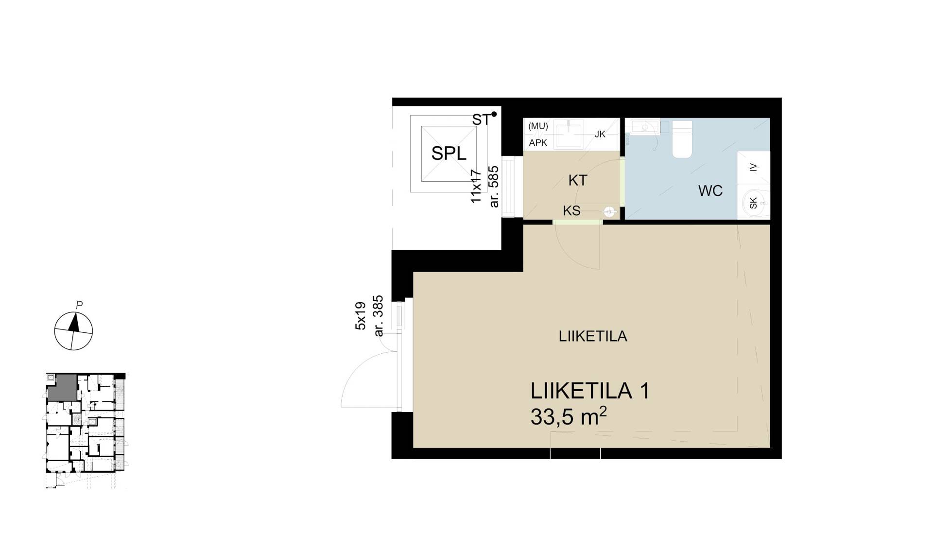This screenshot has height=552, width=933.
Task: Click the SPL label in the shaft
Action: (x=449, y=154)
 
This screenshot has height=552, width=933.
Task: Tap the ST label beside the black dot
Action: (x=481, y=120)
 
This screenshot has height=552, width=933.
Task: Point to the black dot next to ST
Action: (x=494, y=114)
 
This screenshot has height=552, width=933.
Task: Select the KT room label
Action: (x=578, y=180)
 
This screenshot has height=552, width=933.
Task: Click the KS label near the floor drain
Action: (x=571, y=211)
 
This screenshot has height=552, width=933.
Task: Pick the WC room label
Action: (x=710, y=190)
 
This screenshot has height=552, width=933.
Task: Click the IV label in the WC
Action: (x=753, y=168)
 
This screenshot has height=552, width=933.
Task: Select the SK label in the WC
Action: (x=753, y=203)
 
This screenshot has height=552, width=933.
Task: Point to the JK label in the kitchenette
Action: (x=600, y=134)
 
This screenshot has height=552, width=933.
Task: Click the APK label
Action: (x=538, y=143)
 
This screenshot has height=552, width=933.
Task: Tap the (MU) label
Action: (x=538, y=126)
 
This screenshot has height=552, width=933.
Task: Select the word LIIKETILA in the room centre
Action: (x=593, y=336)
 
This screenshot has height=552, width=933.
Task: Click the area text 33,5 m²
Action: (x=569, y=417)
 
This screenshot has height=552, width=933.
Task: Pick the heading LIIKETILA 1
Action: (x=590, y=391)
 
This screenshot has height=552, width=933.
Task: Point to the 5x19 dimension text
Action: (x=360, y=316)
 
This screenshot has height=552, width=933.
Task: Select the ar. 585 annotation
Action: (x=494, y=187)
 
